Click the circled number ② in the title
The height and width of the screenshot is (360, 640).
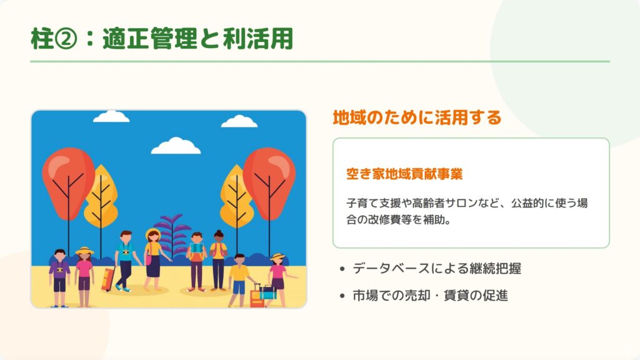65,39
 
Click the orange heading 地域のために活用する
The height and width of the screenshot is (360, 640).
417,117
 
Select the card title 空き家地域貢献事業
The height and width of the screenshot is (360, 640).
404,174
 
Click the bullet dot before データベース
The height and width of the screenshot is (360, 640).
342,269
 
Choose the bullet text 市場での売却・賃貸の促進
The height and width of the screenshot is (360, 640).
430,296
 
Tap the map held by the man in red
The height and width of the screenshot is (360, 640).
197,248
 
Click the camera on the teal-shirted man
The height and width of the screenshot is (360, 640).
126,252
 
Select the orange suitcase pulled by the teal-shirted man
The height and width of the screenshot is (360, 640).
107,279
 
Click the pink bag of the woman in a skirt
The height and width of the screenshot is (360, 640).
148,259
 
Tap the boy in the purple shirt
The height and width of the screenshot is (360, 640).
59,278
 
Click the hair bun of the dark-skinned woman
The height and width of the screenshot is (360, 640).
218,232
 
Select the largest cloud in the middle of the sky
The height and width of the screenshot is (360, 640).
176,146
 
